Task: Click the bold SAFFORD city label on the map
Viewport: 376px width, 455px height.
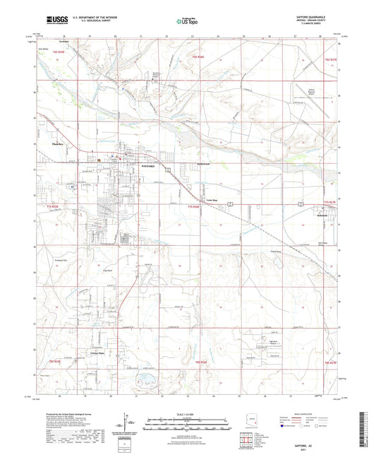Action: pyautogui.click(x=144, y=163)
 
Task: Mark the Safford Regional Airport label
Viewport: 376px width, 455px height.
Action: pyautogui.click(x=316, y=91)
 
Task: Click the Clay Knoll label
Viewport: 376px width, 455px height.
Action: pyautogui.click(x=109, y=269)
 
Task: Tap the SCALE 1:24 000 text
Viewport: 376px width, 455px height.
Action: pyautogui.click(x=187, y=413)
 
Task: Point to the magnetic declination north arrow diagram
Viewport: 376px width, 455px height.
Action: pyautogui.click(x=128, y=425)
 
